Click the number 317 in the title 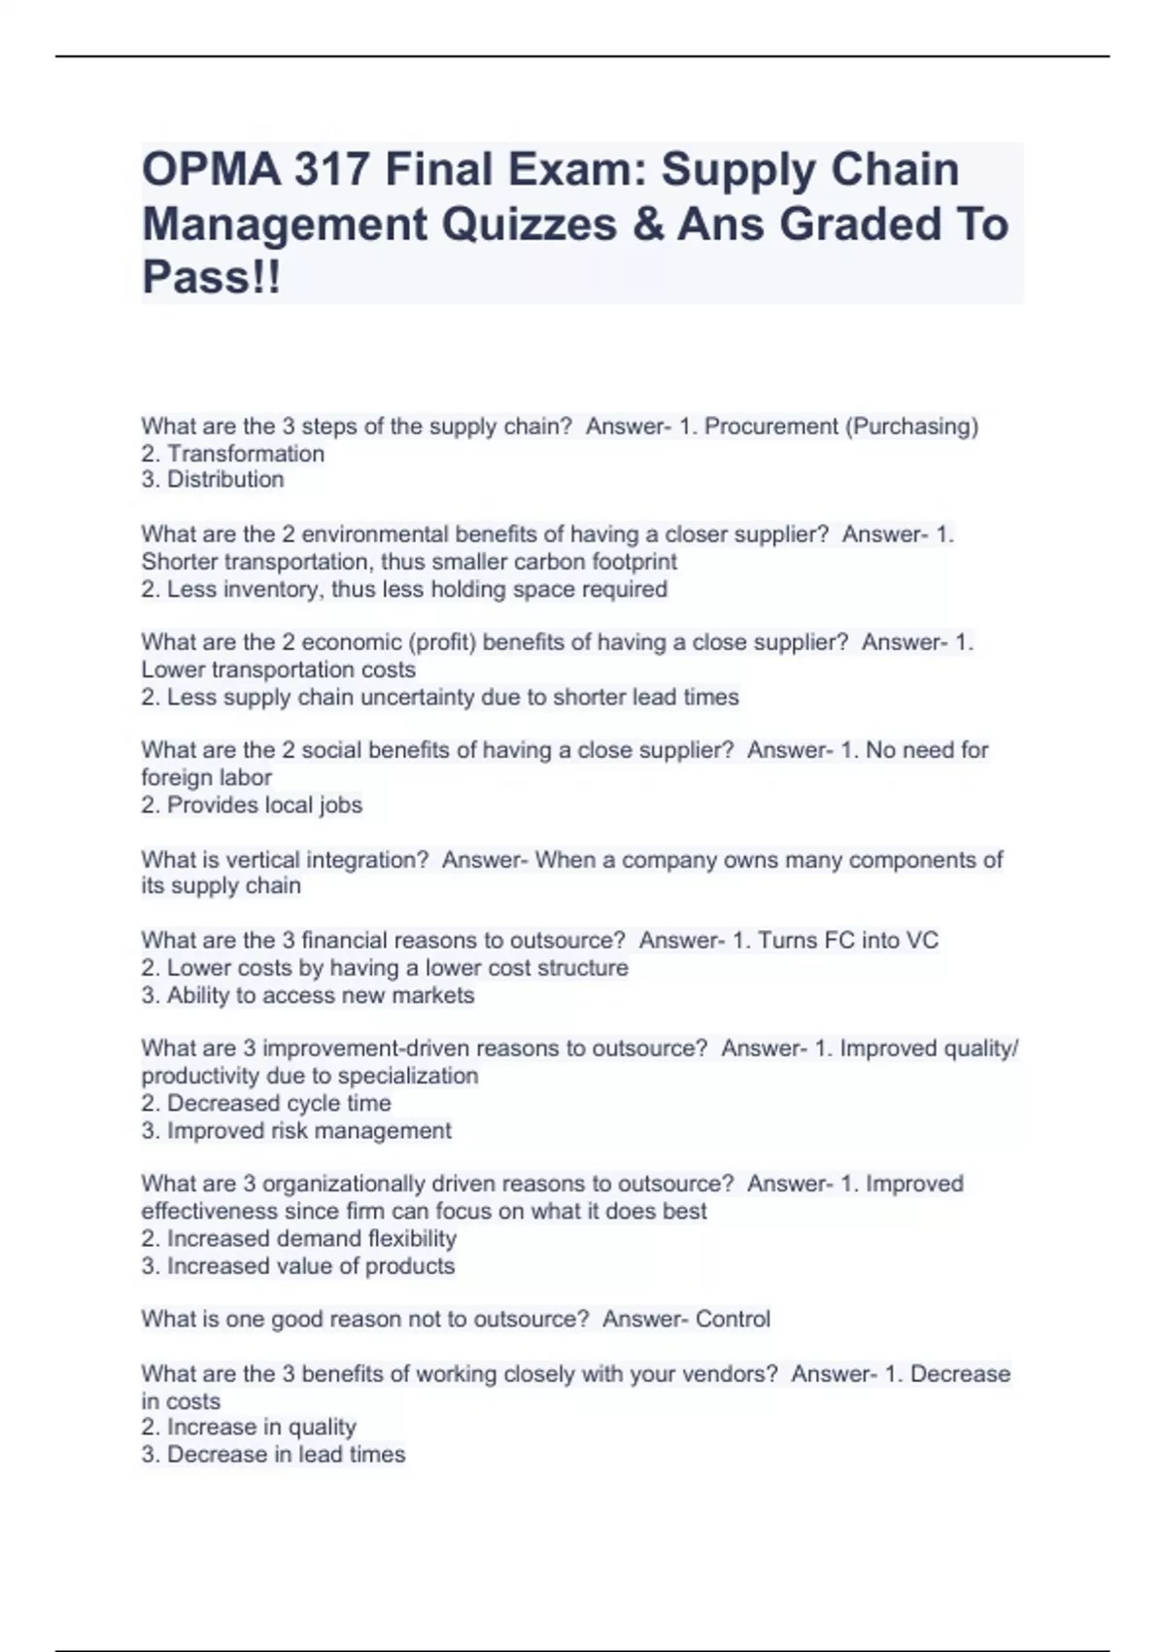click(331, 171)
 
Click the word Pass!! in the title click(212, 278)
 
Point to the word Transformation click(246, 454)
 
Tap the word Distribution click(225, 480)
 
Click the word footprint click(633, 562)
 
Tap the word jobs click(340, 806)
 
